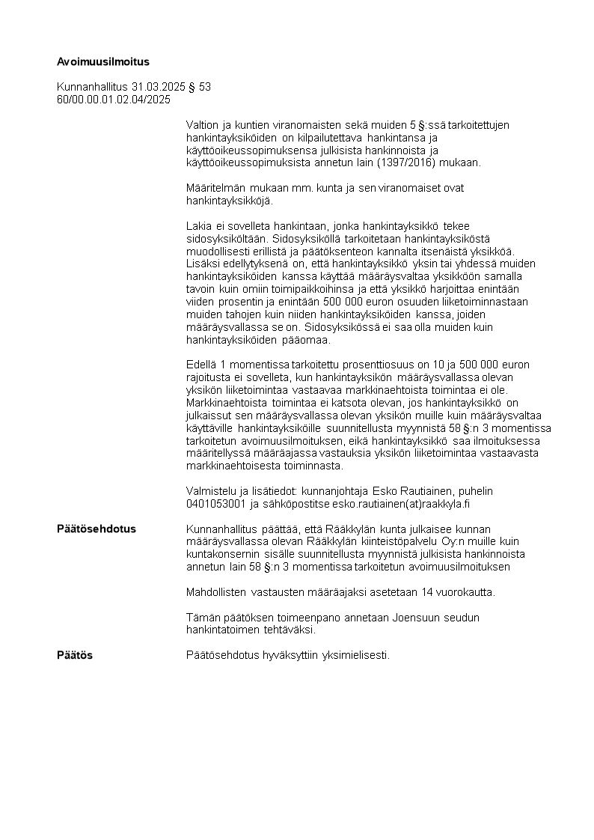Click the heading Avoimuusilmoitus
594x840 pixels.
tap(103, 61)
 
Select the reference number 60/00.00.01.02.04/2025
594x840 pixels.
tap(114, 99)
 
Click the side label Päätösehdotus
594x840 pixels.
tap(97, 529)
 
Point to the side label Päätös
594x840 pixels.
tap(75, 655)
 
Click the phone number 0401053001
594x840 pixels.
tap(217, 503)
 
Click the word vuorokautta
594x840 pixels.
tap(462, 592)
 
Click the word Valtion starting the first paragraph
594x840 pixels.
tap(203, 124)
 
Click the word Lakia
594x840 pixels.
tap(198, 225)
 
